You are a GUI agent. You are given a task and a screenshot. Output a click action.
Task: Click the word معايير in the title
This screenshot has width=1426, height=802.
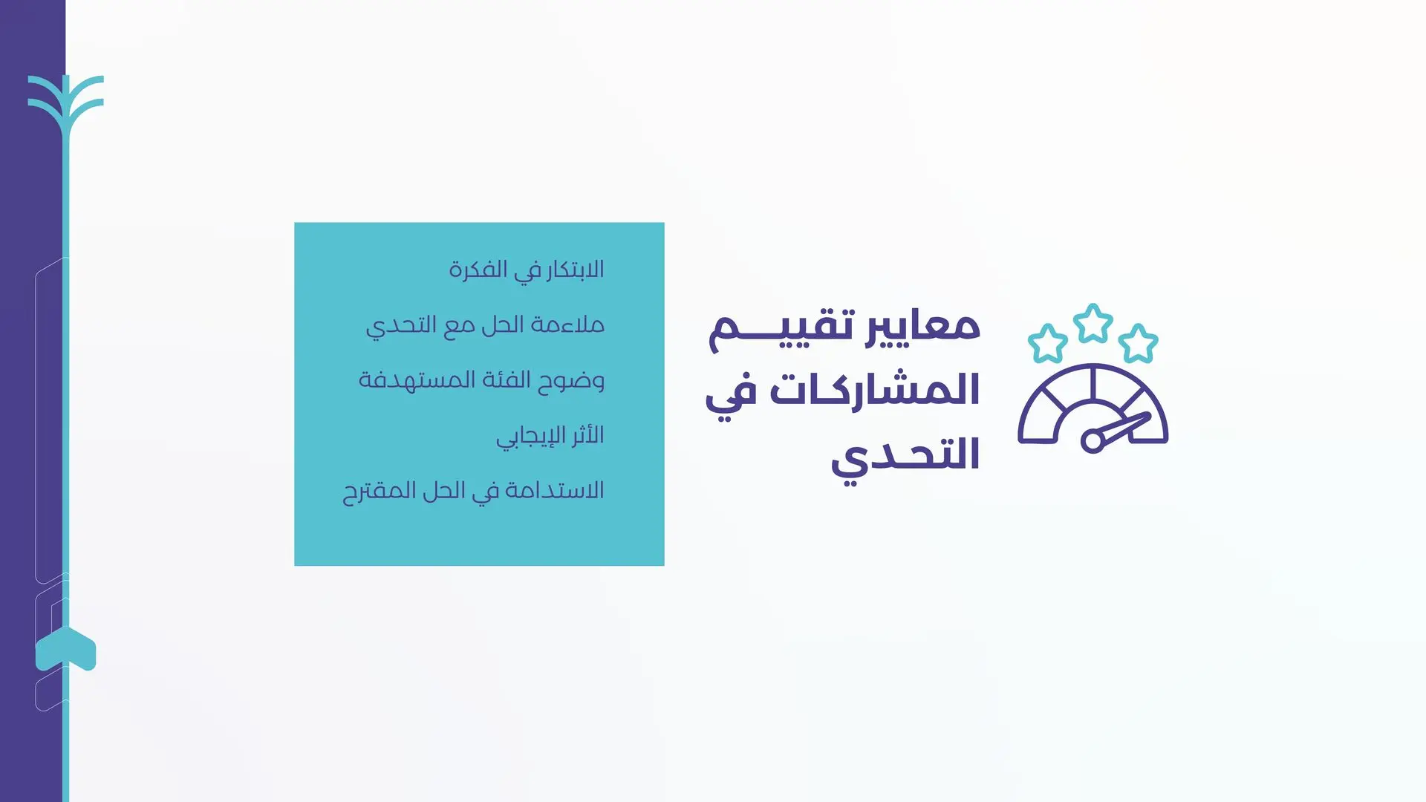coord(923,327)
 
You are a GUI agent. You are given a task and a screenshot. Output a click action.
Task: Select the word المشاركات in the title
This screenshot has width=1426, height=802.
coord(875,389)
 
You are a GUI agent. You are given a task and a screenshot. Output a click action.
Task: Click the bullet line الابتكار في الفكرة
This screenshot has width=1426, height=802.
coord(527,270)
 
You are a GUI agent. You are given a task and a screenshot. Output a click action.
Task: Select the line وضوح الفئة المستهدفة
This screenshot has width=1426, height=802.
coord(481,380)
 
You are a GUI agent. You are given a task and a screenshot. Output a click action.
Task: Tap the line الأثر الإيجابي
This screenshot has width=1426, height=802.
coord(550,436)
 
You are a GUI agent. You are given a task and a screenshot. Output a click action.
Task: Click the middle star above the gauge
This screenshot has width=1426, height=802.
coord(1093,323)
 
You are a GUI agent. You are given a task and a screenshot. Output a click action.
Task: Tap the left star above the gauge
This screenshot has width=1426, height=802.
coord(1047,343)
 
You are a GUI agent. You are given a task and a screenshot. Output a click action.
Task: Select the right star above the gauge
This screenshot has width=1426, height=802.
coord(1138,343)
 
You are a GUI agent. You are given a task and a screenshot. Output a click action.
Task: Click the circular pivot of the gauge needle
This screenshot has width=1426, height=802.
coord(1093,440)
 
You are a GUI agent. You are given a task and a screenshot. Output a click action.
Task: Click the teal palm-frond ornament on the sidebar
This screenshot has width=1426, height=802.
coord(66,104)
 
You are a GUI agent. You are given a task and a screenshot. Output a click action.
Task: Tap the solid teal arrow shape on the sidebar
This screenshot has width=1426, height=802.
coord(66,648)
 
